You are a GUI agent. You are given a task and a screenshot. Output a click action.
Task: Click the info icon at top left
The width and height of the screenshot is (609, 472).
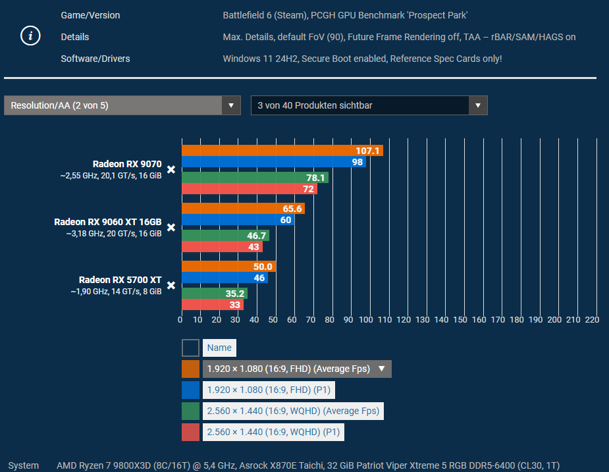click(30, 37)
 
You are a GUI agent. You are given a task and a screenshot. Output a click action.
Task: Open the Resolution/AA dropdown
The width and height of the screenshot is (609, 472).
click(122, 105)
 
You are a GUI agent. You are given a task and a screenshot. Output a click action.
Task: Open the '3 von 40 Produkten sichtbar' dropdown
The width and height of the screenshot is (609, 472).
click(369, 105)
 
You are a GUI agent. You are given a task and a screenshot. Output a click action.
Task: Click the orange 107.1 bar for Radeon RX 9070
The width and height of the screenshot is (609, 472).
click(282, 151)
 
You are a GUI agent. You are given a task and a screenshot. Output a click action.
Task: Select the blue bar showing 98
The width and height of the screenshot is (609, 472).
click(273, 162)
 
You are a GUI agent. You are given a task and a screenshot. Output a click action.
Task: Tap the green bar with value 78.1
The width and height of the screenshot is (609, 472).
click(255, 178)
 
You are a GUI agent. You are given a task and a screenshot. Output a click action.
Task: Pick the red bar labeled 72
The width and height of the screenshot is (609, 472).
click(249, 189)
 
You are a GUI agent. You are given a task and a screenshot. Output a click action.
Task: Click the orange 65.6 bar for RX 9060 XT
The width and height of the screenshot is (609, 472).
click(243, 209)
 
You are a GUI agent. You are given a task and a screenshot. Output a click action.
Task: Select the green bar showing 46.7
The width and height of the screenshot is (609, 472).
click(225, 235)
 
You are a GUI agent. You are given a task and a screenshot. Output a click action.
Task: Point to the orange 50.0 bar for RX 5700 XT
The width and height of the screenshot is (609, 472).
click(228, 267)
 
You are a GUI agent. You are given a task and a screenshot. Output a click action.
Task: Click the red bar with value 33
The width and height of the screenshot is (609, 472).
click(212, 305)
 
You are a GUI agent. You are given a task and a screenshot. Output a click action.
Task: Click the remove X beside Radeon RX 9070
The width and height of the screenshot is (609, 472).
click(171, 170)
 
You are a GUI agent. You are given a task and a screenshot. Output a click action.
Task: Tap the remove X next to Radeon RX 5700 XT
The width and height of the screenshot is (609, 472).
click(171, 286)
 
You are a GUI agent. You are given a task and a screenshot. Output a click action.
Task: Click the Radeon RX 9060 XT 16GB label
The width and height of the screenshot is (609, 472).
click(107, 222)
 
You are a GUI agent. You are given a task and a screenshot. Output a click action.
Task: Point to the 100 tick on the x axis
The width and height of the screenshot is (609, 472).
click(367, 320)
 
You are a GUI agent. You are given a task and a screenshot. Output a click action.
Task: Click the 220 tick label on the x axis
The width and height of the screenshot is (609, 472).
click(591, 320)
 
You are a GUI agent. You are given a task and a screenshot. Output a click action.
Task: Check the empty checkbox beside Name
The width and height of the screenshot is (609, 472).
click(190, 348)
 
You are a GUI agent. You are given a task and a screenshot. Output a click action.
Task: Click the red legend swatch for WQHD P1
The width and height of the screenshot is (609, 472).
click(190, 432)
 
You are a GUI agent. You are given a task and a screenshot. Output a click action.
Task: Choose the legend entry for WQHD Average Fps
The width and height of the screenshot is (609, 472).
click(293, 411)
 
